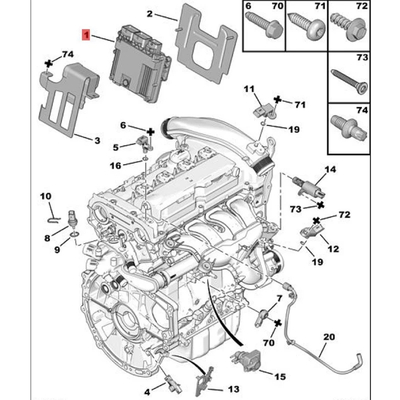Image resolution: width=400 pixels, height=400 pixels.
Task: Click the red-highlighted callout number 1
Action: click(86, 35)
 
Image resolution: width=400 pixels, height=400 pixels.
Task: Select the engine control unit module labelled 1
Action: click(140, 64)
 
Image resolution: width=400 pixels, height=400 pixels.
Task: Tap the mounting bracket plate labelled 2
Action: click(206, 43)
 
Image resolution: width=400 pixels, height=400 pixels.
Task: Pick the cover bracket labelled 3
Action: click(68, 99)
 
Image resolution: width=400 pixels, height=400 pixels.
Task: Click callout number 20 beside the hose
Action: click(329, 337)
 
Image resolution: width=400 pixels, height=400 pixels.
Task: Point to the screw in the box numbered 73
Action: click(349, 81)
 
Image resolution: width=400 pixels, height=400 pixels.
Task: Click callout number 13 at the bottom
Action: click(233, 389)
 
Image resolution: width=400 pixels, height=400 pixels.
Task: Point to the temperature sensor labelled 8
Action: click(72, 217)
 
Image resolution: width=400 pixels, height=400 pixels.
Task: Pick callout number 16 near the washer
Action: click(115, 166)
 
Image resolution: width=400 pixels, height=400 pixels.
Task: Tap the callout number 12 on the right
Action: click(333, 248)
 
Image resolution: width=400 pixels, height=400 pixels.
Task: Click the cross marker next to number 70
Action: click(278, 323)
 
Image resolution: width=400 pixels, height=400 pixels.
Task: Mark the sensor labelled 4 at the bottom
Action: click(173, 385)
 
